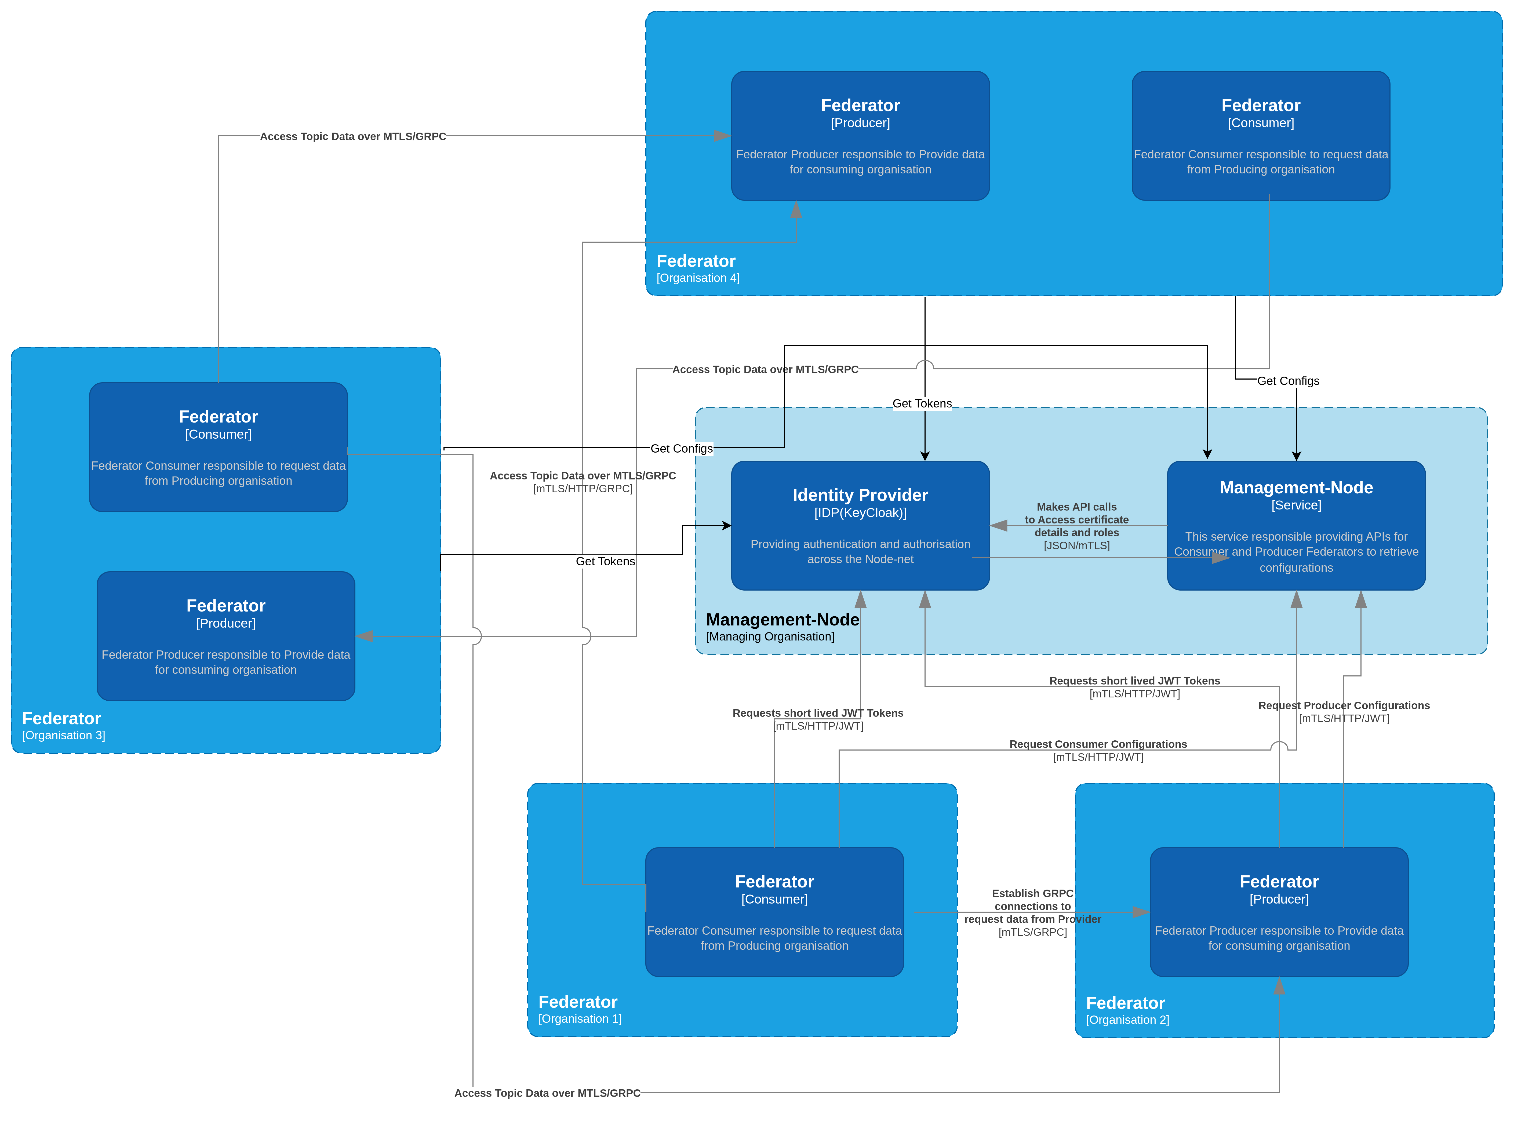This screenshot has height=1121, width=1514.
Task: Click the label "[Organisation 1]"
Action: pyautogui.click(x=580, y=1018)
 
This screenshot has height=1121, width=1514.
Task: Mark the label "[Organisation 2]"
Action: pyautogui.click(x=1127, y=1020)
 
